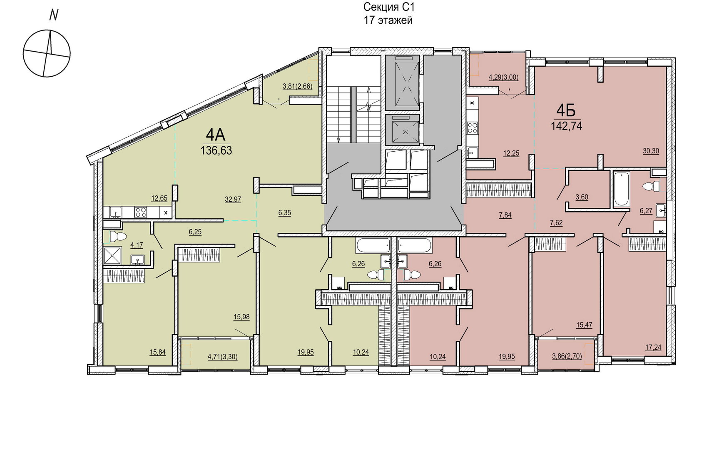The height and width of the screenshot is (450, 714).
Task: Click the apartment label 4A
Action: [x=216, y=135]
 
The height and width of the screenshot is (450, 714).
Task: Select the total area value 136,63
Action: [x=216, y=150]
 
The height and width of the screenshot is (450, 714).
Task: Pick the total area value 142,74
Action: [x=566, y=126]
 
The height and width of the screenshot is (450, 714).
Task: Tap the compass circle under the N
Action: [x=47, y=53]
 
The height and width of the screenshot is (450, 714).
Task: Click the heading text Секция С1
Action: [x=389, y=7]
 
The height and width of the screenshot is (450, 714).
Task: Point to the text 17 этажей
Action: [x=388, y=20]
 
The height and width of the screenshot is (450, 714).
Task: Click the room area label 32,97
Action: [x=233, y=199]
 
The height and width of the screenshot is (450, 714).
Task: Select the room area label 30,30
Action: [x=651, y=151]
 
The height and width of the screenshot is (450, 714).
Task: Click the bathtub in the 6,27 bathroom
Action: [x=621, y=189]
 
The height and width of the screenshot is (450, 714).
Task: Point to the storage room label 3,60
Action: [x=582, y=197]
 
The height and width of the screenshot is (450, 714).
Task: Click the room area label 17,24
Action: [x=653, y=347]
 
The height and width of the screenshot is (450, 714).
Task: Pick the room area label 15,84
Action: [x=157, y=352]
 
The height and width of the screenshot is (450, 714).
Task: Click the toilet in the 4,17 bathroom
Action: [x=118, y=237]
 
